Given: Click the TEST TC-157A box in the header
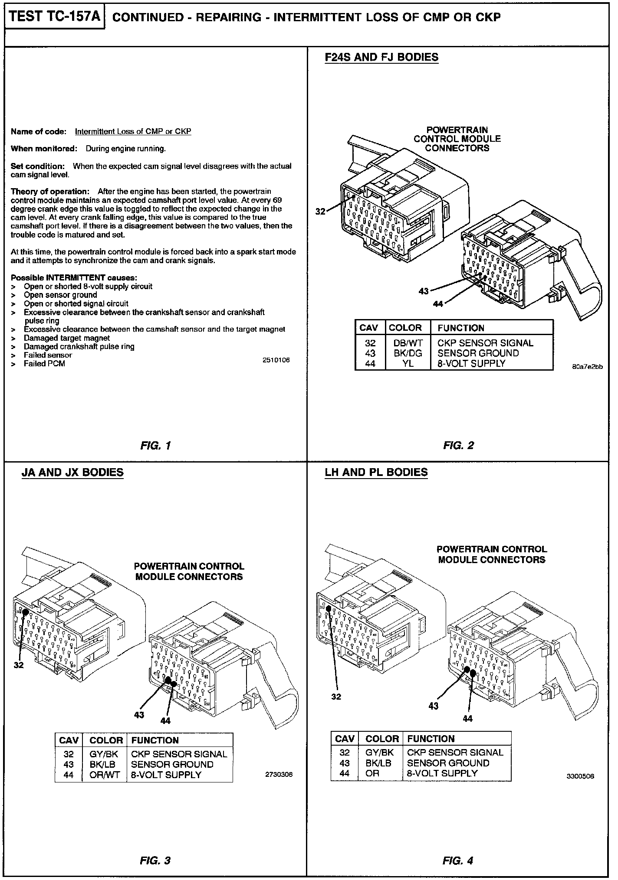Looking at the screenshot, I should [55, 17].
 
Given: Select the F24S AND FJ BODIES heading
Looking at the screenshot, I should [381, 57].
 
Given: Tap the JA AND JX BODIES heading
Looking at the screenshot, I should [72, 472].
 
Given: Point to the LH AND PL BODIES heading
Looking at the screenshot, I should [376, 472].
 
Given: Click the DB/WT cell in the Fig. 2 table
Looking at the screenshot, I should [408, 343].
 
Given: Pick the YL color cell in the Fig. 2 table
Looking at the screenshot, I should [408, 363].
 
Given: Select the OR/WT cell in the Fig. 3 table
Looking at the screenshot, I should [104, 775].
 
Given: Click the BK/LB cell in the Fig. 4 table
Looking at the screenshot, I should [379, 763].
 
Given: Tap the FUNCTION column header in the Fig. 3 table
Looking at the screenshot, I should [155, 740].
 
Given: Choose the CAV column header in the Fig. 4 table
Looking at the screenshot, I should [345, 739].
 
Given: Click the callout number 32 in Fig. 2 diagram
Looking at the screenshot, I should [320, 212].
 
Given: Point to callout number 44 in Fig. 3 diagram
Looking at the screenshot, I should [165, 721].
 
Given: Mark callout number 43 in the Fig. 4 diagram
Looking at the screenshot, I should [434, 706].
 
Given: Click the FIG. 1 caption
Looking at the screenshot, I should [155, 445].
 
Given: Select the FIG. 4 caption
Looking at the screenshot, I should [458, 860].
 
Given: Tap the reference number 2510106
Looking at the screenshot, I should [276, 360].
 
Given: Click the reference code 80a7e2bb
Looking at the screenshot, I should [587, 367].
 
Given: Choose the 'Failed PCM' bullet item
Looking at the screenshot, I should [44, 364].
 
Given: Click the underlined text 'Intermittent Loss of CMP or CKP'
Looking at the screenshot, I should [133, 131].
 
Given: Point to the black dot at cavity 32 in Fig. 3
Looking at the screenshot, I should [25, 612].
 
